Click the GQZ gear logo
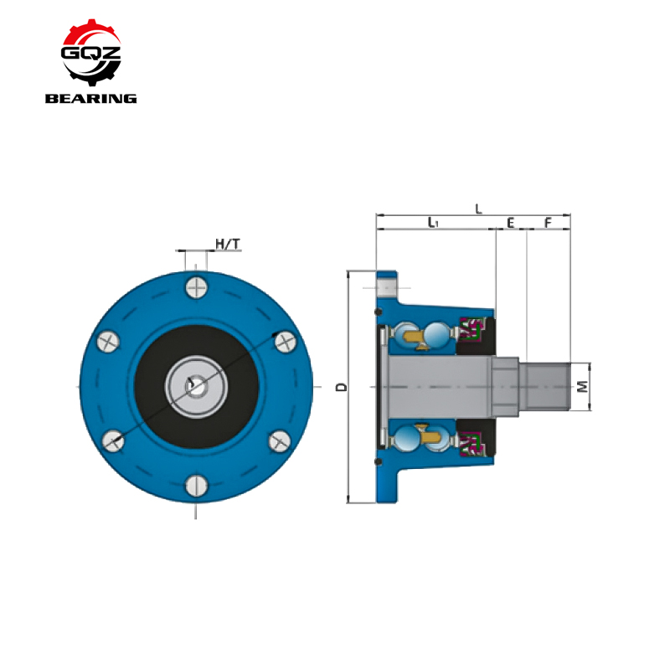[91, 52]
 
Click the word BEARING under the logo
[91, 99]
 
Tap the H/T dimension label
[228, 244]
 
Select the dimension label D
[342, 387]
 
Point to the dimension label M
[582, 387]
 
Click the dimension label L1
[433, 222]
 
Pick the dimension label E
[511, 223]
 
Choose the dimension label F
[549, 222]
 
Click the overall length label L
[478, 209]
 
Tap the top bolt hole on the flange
[197, 287]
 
